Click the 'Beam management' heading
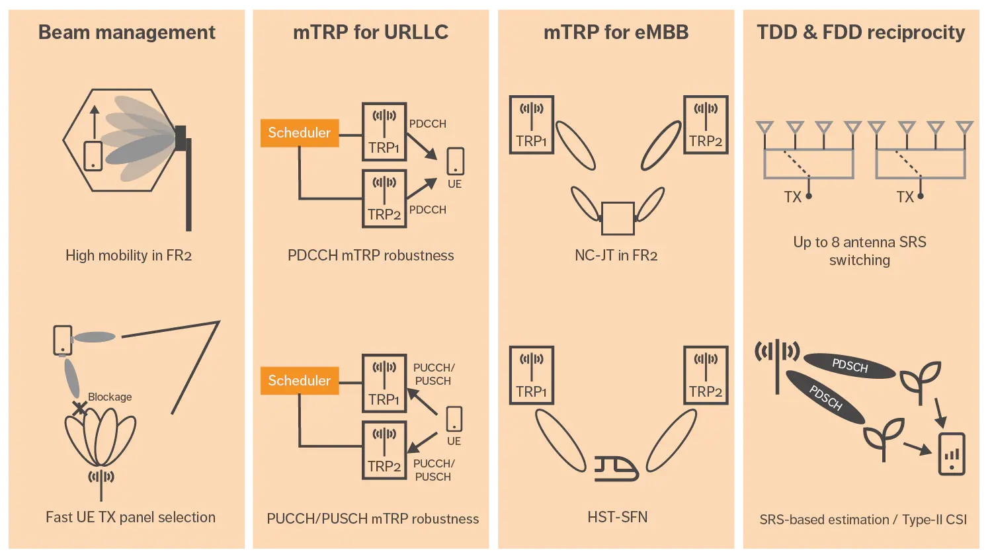pyautogui.click(x=127, y=32)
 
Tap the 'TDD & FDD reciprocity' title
pyautogui.click(x=860, y=32)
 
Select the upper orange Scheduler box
pyautogui.click(x=300, y=133)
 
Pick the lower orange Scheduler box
pyautogui.click(x=300, y=381)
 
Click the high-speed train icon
pyautogui.click(x=616, y=468)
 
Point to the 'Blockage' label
pyautogui.click(x=110, y=397)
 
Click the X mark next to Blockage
pyautogui.click(x=79, y=409)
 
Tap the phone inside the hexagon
pyautogui.click(x=93, y=156)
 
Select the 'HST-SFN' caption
pyautogui.click(x=617, y=517)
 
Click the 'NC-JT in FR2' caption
pyautogui.click(x=616, y=256)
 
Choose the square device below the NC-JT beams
pyautogui.click(x=618, y=218)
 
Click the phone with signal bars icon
pyautogui.click(x=952, y=454)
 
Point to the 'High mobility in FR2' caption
pyautogui.click(x=128, y=256)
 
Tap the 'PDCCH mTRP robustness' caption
pyautogui.click(x=370, y=256)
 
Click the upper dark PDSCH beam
pyautogui.click(x=850, y=366)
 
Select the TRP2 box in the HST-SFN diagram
pyautogui.click(x=706, y=375)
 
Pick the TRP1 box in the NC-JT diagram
pyautogui.click(x=532, y=125)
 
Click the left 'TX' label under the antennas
pyautogui.click(x=792, y=197)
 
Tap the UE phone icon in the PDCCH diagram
pyautogui.click(x=455, y=161)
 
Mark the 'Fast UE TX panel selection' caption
pyautogui.click(x=130, y=517)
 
